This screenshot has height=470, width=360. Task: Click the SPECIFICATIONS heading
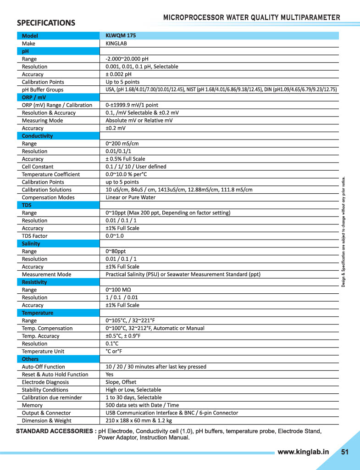(46, 22)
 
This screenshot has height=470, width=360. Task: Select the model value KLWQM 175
(121, 35)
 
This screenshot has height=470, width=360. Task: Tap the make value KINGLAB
(116, 43)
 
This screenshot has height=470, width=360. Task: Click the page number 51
(345, 452)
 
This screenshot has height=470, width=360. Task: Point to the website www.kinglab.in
(303, 452)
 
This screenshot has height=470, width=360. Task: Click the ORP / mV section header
(34, 97)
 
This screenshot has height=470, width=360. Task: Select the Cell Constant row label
(38, 167)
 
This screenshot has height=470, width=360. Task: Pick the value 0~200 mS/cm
(122, 144)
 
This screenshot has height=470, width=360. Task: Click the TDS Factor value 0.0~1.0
(115, 236)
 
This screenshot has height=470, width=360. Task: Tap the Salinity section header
(31, 244)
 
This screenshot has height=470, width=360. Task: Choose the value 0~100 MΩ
(118, 290)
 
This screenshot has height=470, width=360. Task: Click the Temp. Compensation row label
(47, 328)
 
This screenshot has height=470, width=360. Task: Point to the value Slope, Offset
(121, 382)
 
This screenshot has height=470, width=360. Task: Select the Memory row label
(32, 405)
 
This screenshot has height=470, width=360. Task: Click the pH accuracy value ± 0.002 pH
(118, 74)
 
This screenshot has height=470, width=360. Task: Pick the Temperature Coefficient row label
(51, 174)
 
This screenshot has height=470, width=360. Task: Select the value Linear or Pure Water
(131, 197)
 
